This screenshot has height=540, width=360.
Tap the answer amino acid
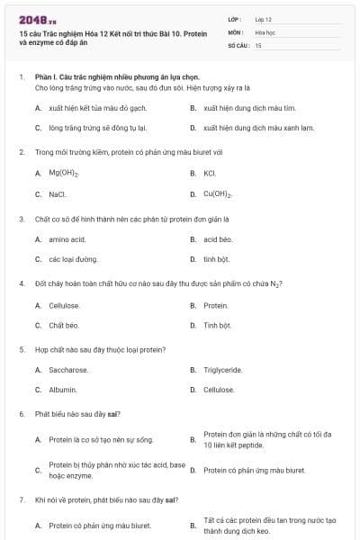point(66,238)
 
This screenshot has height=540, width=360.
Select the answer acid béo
point(218,238)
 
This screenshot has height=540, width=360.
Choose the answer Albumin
point(62,390)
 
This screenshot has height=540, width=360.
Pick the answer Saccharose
point(68,369)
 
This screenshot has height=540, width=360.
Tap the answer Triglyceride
point(223,369)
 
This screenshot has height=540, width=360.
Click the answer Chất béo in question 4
point(64,325)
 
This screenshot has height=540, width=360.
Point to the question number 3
point(21,218)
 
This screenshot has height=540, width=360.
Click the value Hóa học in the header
point(264,31)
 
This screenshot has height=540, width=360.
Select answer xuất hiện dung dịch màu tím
point(243,107)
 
